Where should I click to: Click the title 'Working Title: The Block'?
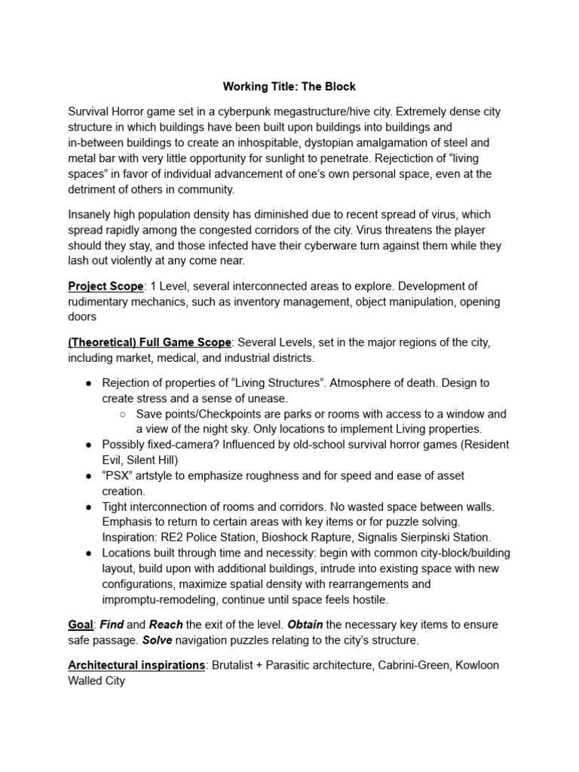pyautogui.click(x=289, y=87)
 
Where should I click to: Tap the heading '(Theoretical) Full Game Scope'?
pyautogui.click(x=149, y=343)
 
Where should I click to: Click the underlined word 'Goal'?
pyautogui.click(x=81, y=625)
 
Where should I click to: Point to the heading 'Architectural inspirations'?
pyautogui.click(x=136, y=666)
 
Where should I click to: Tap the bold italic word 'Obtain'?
pyautogui.click(x=305, y=625)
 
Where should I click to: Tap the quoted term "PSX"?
pyautogui.click(x=119, y=476)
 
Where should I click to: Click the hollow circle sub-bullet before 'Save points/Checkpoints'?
pyautogui.click(x=124, y=414)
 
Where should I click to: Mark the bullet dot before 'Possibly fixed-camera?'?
pyautogui.click(x=90, y=445)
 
